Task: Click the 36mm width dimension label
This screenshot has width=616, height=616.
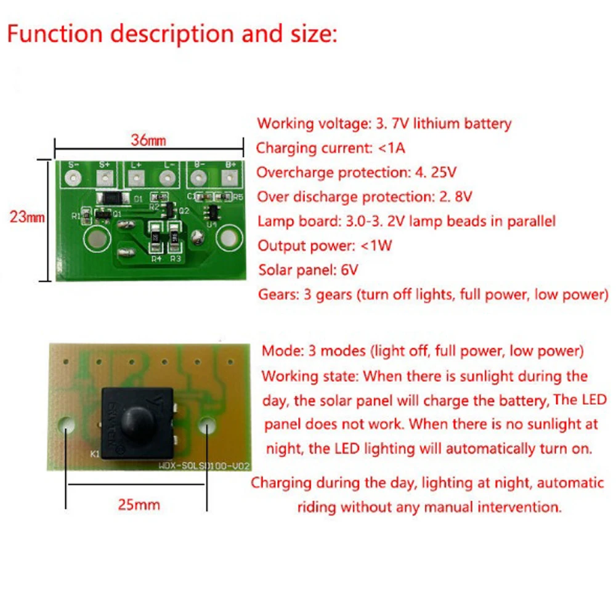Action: pos(148,140)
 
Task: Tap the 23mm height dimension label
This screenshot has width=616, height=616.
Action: pos(26,217)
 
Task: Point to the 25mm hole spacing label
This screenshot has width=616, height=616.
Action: pos(139,505)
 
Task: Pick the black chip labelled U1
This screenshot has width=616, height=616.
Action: pos(211,213)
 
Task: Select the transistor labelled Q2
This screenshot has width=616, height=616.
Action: pos(165,211)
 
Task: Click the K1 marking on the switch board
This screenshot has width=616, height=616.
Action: pos(95,455)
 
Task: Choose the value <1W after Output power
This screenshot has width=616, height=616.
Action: pos(376,246)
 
